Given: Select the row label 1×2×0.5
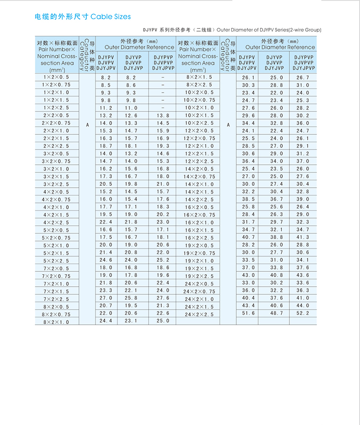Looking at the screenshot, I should pos(56,77).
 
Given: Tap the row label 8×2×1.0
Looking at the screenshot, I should pos(56,322).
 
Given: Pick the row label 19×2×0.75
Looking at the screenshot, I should pos(200,253).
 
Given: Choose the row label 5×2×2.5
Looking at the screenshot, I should pos(56,261).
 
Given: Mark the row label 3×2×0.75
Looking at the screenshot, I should pos(56,161).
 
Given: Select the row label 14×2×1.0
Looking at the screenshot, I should pos(199,184).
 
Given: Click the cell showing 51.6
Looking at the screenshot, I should pos(249,313).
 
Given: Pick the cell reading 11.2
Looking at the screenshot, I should pos(106,108).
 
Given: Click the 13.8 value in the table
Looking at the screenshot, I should pos(163,116).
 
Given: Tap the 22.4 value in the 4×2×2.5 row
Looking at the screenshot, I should pos(106,222).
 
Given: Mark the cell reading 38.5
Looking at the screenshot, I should pos(249,199).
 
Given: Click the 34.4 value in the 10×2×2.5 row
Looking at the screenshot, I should pos(249,123).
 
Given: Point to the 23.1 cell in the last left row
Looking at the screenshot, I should pos(131,320).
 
